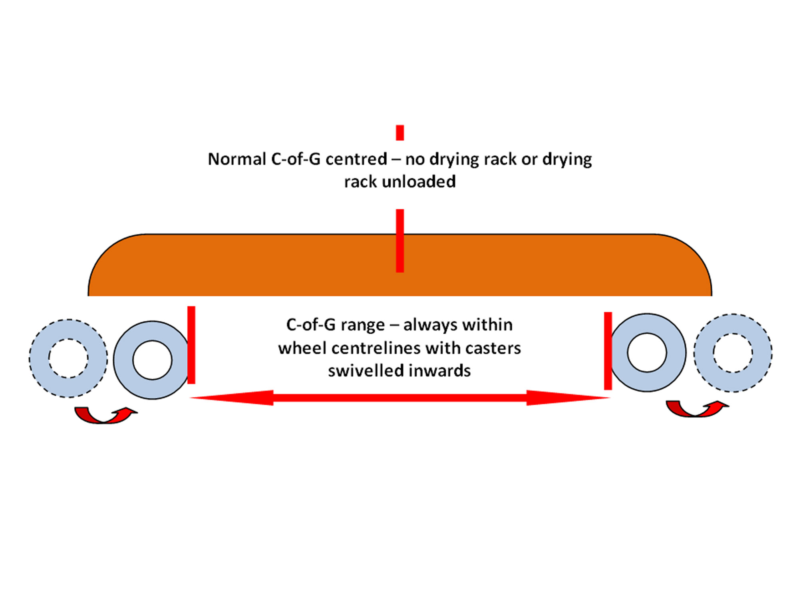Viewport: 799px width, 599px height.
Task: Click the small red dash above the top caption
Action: (400, 133)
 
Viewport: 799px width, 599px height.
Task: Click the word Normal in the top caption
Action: (237, 159)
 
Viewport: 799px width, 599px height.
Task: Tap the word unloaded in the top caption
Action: (419, 182)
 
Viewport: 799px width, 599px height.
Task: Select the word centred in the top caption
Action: (356, 159)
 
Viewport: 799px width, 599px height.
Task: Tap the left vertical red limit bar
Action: (191, 345)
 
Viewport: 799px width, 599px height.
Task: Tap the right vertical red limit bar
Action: (608, 351)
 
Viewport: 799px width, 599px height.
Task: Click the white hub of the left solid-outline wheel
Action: (152, 360)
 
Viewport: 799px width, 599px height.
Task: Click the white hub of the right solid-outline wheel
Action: (647, 352)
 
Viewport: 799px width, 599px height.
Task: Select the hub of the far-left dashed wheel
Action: (68, 358)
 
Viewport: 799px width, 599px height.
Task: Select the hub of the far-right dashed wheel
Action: (733, 353)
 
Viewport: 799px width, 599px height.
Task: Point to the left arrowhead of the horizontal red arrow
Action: (232, 398)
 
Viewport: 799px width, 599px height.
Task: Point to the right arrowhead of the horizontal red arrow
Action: (567, 398)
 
